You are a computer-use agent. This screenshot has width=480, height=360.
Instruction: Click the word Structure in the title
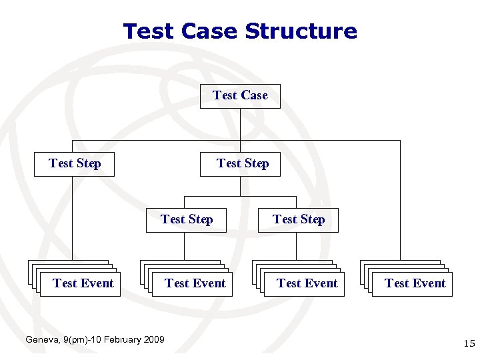(301, 31)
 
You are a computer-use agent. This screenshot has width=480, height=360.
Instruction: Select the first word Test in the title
(147, 31)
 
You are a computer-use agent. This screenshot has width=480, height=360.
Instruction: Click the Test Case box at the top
(240, 96)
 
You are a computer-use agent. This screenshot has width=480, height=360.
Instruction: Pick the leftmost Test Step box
(75, 164)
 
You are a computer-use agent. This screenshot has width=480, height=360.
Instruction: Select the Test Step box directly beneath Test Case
(241, 164)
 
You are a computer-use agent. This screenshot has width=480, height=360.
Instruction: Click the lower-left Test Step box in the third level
(186, 220)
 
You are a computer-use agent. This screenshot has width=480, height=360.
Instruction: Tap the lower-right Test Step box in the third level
(298, 220)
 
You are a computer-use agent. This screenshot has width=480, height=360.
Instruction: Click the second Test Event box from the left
(195, 284)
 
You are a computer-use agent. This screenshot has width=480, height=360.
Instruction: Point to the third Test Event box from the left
(307, 284)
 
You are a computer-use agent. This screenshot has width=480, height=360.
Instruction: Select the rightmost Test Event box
(415, 284)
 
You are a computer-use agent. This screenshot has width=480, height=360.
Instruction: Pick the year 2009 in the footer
(154, 340)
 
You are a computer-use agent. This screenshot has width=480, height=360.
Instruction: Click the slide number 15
(468, 344)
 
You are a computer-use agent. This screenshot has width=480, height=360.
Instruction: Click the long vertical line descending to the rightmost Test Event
(400, 200)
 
